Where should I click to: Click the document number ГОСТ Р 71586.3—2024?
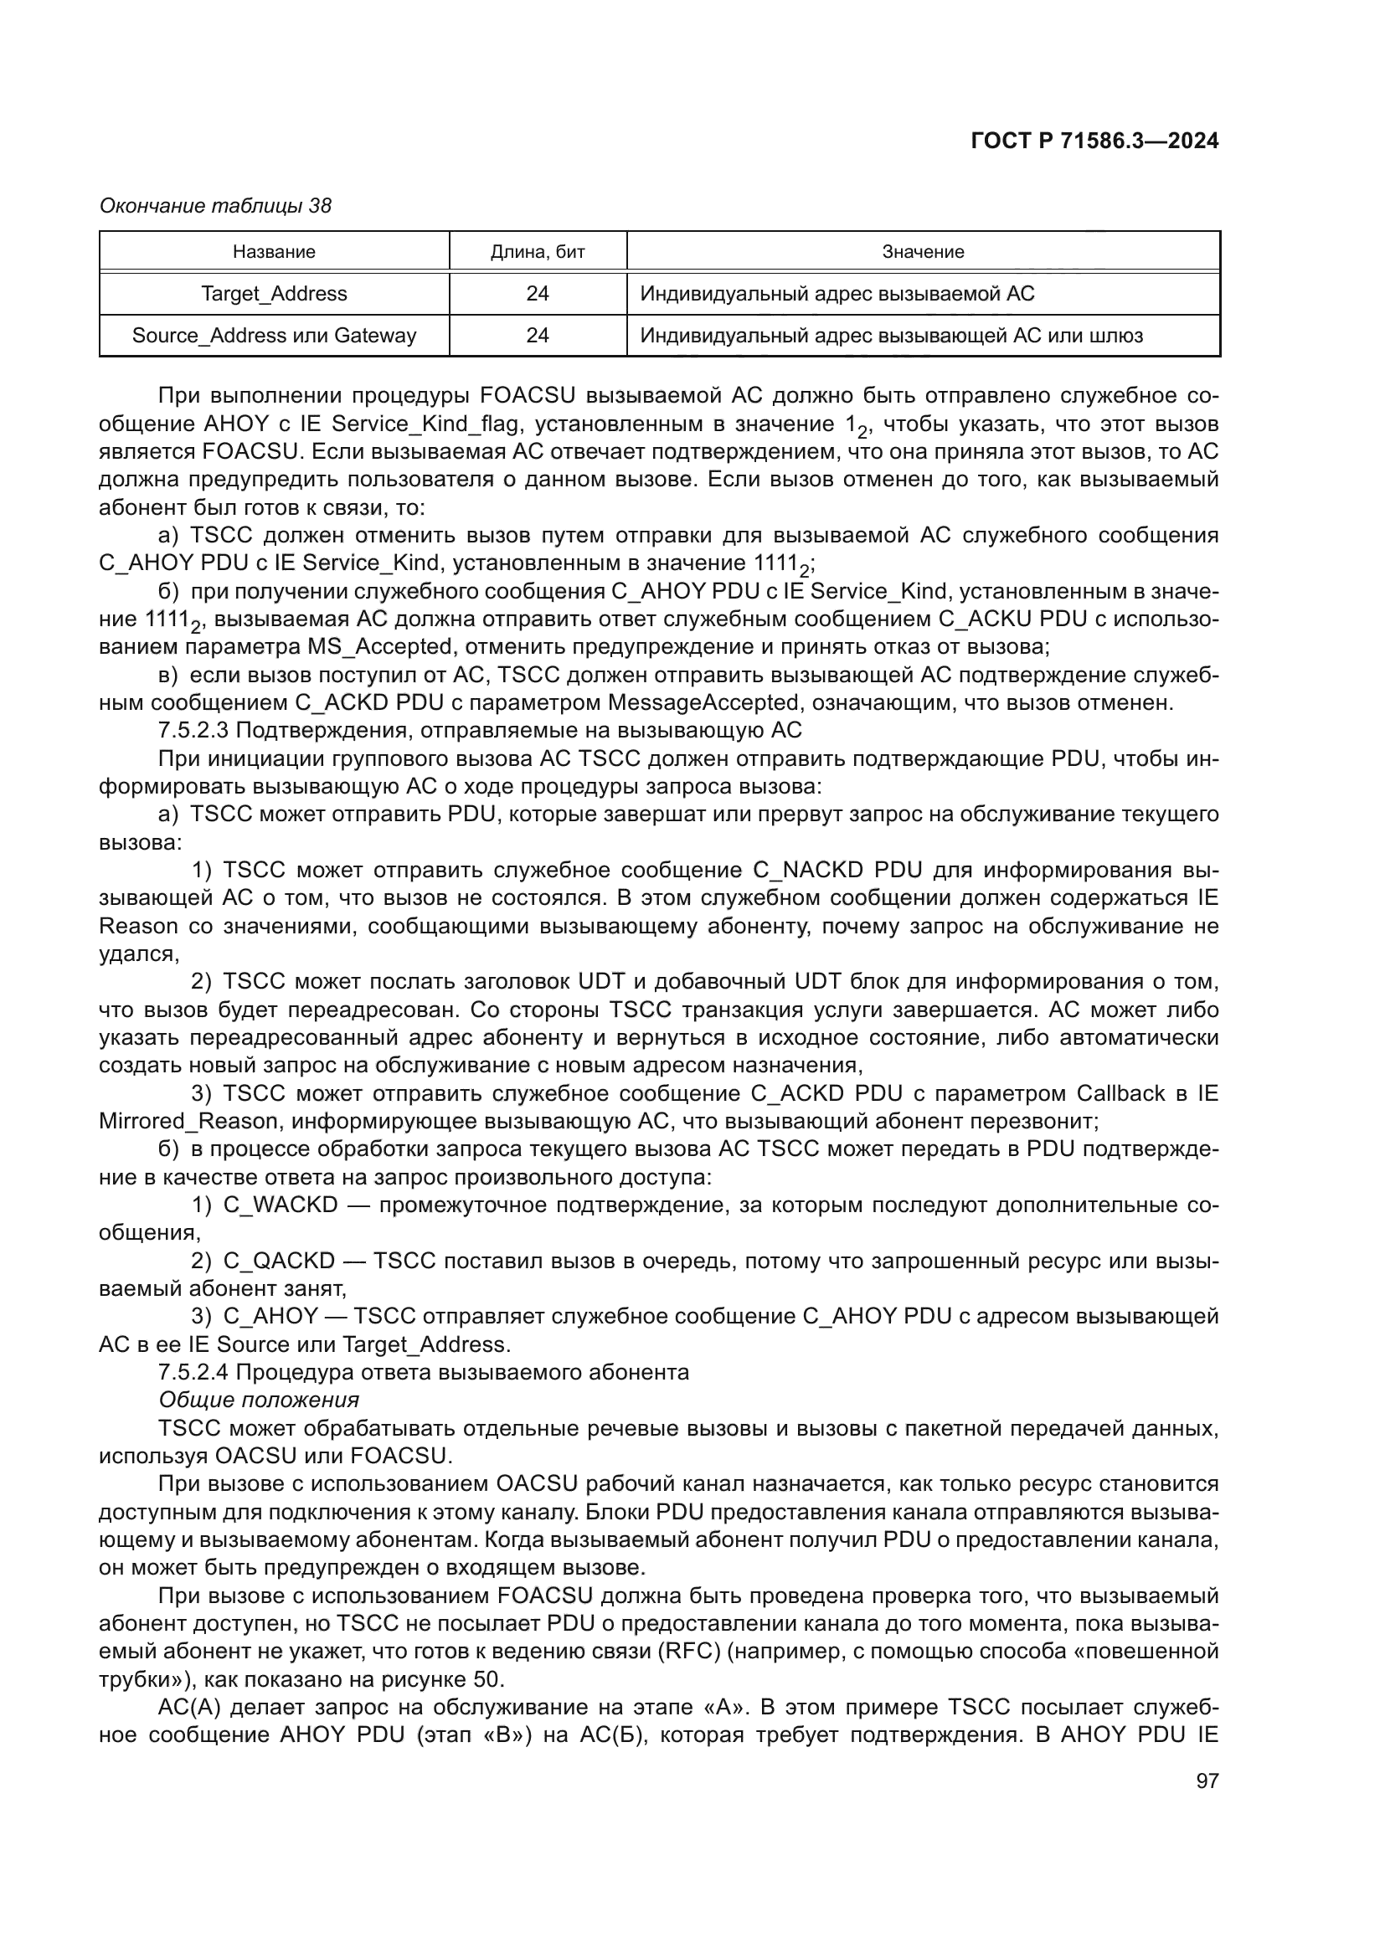(x=1094, y=141)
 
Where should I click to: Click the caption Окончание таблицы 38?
(x=215, y=206)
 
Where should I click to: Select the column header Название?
(x=274, y=252)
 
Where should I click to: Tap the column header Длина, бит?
(x=538, y=252)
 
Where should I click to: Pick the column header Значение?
(x=923, y=252)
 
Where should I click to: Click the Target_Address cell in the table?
(x=274, y=293)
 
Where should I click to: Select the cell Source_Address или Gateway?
(x=274, y=335)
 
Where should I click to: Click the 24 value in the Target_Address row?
(x=538, y=293)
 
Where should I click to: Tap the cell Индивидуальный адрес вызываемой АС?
(x=837, y=293)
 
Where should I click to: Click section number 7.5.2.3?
(x=193, y=731)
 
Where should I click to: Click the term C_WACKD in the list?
(x=281, y=1205)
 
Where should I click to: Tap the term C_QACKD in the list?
(x=281, y=1261)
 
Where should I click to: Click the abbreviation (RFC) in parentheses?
(x=689, y=1652)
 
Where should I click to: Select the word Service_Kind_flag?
(x=425, y=424)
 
